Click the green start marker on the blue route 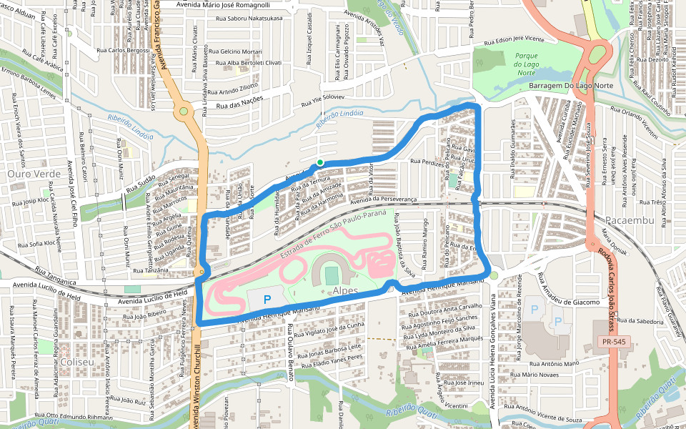coord(320,162)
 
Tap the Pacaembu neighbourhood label coord(629,220)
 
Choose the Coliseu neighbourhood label coord(77,363)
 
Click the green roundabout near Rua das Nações coord(184,111)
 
